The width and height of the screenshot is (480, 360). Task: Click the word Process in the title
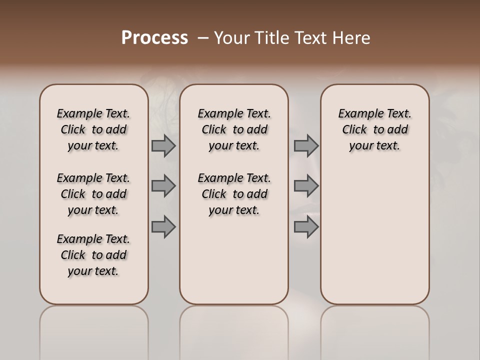point(154,38)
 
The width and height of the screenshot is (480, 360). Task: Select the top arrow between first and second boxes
point(163,145)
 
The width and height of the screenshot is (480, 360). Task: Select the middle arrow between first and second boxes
point(163,186)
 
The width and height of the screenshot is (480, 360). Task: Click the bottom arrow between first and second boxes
point(163,226)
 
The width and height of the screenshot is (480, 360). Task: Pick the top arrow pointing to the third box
point(306,145)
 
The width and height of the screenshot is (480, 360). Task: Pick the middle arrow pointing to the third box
point(306,186)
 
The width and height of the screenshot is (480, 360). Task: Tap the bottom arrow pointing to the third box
point(306,226)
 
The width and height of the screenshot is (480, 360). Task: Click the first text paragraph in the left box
point(93,129)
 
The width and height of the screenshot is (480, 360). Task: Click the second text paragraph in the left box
point(93,194)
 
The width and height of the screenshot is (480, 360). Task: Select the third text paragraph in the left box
point(93,255)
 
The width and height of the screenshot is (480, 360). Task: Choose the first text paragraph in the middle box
point(234,129)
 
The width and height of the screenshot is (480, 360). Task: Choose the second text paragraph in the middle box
point(234,194)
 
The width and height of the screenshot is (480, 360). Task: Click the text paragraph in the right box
point(374,129)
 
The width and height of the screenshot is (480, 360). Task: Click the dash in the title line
point(203,38)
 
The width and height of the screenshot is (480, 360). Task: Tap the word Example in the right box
point(357,114)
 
